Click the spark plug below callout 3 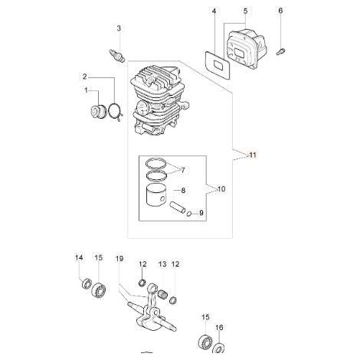(116, 55)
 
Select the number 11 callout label (253, 155)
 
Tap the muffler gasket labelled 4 (218, 64)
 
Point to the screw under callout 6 (280, 51)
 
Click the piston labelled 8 (155, 195)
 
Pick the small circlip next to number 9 (189, 214)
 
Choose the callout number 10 (221, 189)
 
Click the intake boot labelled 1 (98, 112)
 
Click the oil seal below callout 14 (87, 284)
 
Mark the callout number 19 (119, 259)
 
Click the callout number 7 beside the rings (183, 170)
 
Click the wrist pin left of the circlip (178, 208)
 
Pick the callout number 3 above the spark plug (119, 28)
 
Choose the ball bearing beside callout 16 (206, 341)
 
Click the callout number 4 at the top (214, 11)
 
